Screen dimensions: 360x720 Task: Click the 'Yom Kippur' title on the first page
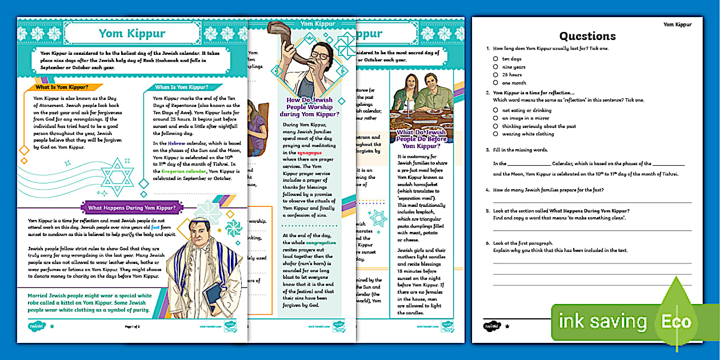(132, 33)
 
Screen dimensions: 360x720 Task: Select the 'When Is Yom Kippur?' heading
(181, 87)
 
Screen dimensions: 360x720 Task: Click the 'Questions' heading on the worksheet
(587, 36)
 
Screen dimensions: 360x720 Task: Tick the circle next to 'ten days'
(495, 59)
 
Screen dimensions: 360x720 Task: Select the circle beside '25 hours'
(495, 74)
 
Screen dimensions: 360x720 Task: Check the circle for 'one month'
(495, 82)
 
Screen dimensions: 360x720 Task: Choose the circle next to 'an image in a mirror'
(495, 118)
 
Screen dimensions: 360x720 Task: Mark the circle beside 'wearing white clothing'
(495, 134)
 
